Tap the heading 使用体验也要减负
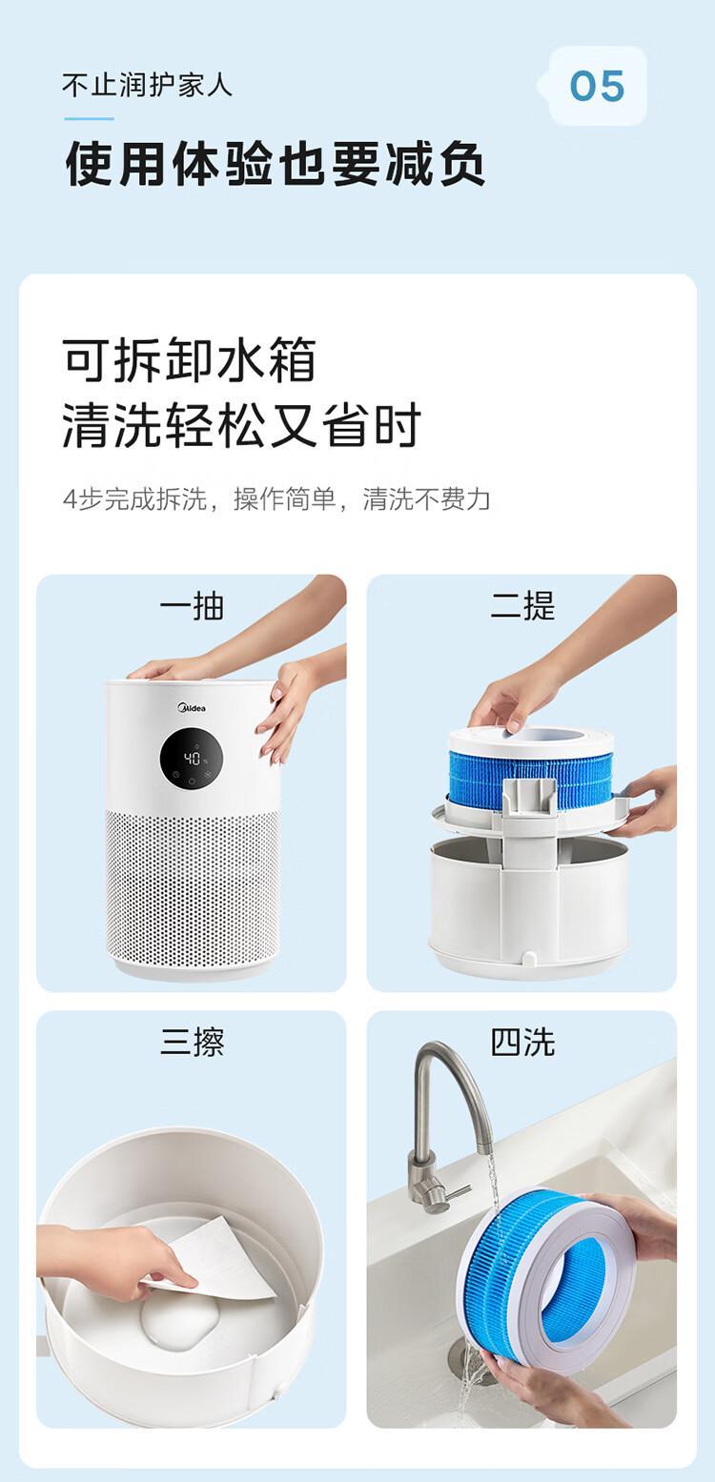coord(275,164)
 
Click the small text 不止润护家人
coord(147,86)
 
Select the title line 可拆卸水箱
coord(190,360)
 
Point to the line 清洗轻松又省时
coord(241,424)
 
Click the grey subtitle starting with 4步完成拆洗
coord(276,498)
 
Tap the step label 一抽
coord(192,606)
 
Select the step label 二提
coord(522,606)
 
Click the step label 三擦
coord(192,1043)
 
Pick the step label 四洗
coord(522,1043)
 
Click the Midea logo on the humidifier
coord(192,708)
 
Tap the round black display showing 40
coord(191,759)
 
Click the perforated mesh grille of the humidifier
coord(193,886)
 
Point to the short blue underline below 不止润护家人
coord(89,118)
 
